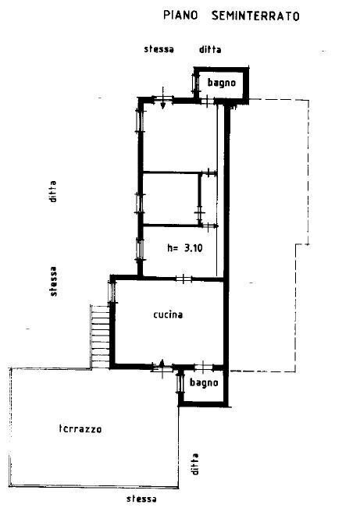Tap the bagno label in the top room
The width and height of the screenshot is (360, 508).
tap(221, 82)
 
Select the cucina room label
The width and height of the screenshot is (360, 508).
tap(168, 314)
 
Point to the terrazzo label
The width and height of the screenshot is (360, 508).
tap(80, 428)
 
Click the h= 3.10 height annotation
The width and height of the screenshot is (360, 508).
tap(185, 248)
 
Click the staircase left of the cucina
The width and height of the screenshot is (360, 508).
tap(98, 333)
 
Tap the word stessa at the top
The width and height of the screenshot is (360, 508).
tap(159, 49)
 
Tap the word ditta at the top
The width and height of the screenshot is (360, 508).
tap(210, 49)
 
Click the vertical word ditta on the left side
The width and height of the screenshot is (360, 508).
tap(53, 190)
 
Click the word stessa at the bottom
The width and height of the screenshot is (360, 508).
tap(141, 499)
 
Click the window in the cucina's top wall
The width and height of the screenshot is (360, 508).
tap(183, 279)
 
